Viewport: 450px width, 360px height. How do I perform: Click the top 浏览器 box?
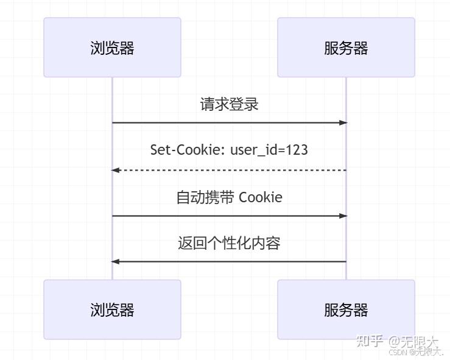[x=112, y=48]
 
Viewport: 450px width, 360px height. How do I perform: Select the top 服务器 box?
[x=346, y=48]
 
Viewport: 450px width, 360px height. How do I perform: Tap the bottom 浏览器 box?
[x=112, y=309]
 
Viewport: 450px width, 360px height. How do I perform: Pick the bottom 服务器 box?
[x=346, y=309]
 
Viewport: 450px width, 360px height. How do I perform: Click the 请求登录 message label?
[x=229, y=104]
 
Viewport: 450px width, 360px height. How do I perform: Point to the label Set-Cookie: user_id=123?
[x=229, y=150]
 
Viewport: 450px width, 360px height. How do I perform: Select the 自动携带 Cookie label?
[x=229, y=197]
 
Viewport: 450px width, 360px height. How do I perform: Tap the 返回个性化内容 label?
[x=229, y=244]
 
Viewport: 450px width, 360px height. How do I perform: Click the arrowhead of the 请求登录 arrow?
[x=343, y=123]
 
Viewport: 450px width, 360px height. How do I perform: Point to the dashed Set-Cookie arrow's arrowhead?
[x=115, y=170]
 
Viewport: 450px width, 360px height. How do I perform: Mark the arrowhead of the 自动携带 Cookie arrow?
[x=343, y=216]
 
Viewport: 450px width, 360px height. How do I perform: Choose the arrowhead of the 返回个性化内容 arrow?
[x=115, y=261]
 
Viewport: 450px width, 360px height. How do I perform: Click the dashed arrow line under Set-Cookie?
[x=229, y=170]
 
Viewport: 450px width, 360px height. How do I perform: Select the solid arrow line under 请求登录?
[x=229, y=123]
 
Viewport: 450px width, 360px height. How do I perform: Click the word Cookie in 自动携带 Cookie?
[x=261, y=197]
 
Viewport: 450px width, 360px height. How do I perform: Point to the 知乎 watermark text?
[x=370, y=341]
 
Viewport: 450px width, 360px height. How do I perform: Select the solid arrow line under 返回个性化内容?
[x=229, y=261]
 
